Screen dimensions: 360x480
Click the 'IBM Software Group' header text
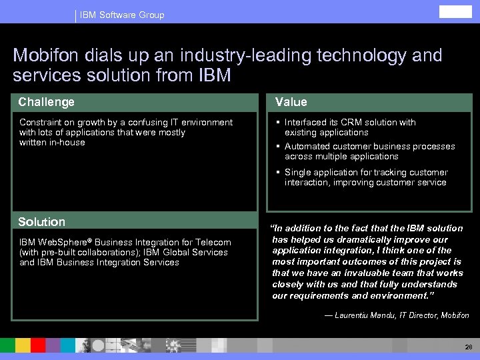(x=121, y=15)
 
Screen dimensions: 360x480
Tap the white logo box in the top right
(x=455, y=12)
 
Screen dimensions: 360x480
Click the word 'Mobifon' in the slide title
(x=46, y=55)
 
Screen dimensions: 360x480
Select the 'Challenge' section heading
(x=47, y=102)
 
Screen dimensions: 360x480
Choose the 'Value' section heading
(x=291, y=102)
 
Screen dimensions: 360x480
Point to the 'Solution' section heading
(x=42, y=222)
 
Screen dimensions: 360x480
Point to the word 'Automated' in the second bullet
(x=305, y=146)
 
